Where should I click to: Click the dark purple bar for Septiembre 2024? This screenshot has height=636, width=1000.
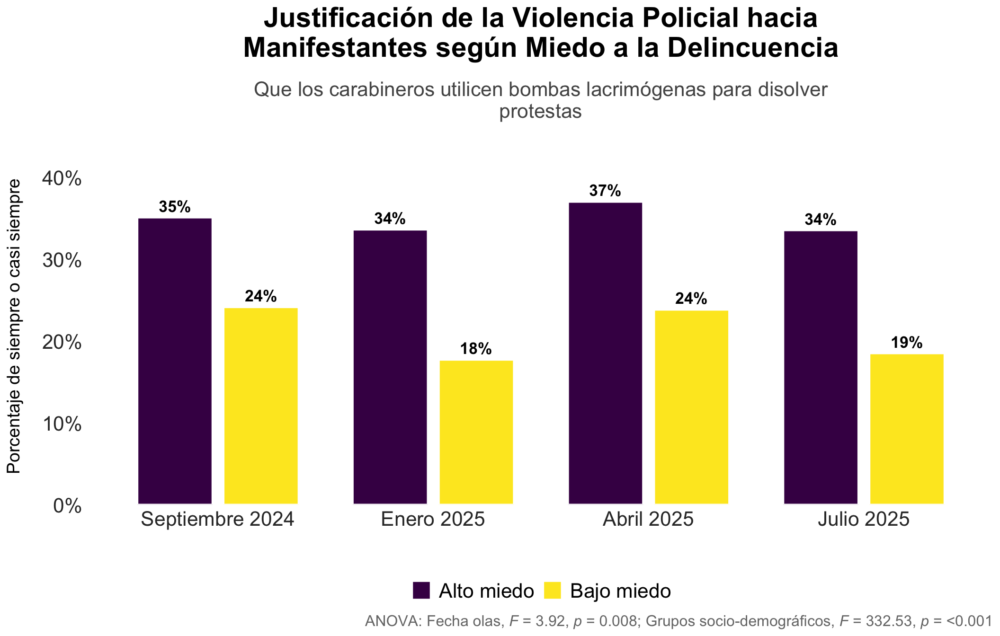tap(175, 361)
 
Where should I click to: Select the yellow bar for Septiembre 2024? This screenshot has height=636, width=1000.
tap(261, 406)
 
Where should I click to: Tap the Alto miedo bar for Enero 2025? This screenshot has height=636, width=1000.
tap(390, 367)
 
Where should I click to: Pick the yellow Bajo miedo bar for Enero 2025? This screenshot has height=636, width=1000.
tap(476, 432)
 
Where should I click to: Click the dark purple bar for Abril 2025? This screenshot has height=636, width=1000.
tap(606, 353)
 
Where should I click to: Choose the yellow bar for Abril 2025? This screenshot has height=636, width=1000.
tap(692, 407)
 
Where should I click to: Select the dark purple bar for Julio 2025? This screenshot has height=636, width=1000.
tap(821, 367)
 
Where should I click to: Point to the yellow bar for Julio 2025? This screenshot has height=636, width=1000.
tap(907, 429)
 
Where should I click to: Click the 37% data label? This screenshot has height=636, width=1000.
tap(605, 191)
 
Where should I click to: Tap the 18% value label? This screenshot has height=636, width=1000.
tap(476, 349)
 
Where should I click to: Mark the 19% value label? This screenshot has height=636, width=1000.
tap(907, 343)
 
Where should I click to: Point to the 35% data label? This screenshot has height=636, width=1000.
tap(175, 207)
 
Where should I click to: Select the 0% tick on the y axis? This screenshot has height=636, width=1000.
tap(67, 506)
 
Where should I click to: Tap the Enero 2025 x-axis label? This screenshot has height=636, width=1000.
tap(433, 519)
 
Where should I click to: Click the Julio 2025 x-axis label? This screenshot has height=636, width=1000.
tap(864, 519)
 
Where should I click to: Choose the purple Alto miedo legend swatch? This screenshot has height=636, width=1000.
tap(421, 591)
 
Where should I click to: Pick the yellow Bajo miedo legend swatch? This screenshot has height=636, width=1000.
tap(553, 591)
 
